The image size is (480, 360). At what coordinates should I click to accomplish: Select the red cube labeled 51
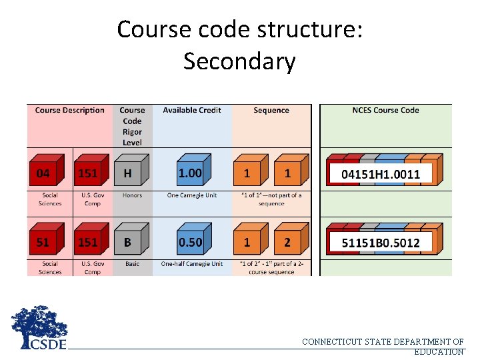pos(45,242)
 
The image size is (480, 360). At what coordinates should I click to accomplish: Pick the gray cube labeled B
pos(129,242)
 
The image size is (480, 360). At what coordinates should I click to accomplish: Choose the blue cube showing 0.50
pos(191,242)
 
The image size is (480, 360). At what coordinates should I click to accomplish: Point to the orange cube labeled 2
pos(289,242)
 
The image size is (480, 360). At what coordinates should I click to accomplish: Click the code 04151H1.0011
pos(381,174)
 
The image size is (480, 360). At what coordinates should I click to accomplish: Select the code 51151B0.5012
pos(381,243)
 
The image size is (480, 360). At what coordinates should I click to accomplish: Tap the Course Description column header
pos(70,111)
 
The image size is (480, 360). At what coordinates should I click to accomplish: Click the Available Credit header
pos(192,111)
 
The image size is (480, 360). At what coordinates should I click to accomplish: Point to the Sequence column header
pos(271,111)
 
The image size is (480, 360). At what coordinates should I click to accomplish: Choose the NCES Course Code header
pos(385,111)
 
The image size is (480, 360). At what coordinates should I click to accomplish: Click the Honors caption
pos(132,195)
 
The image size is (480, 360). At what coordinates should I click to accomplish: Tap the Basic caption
pos(132,264)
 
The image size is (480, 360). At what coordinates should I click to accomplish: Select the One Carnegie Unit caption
pos(192,195)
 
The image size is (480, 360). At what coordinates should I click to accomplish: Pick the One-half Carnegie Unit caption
pos(192,264)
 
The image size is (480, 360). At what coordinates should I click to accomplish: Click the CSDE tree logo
pos(39,327)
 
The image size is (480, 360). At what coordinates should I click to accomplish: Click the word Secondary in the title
pos(239,61)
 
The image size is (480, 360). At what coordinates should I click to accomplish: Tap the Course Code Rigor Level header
pos(132,126)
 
